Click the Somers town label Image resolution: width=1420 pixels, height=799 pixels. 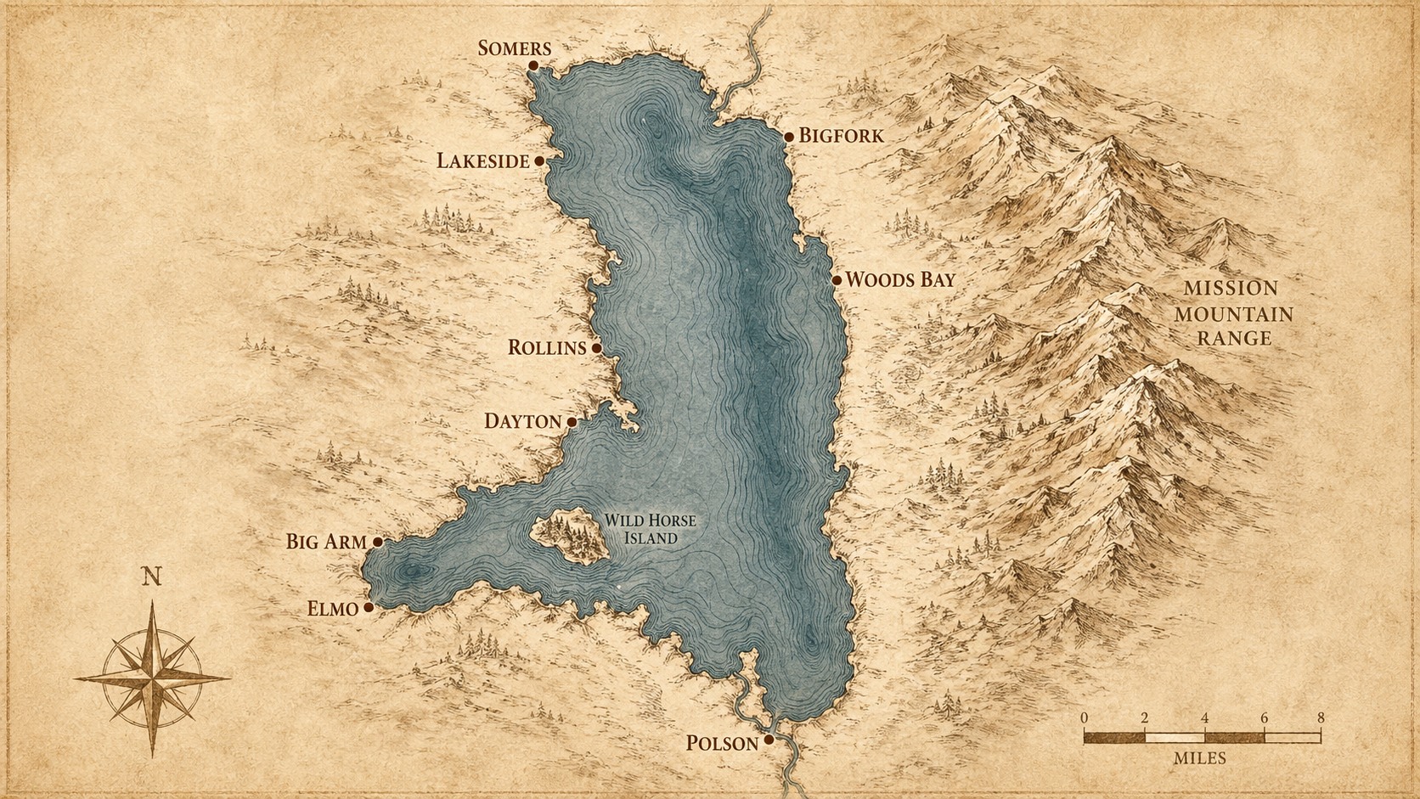pos(514,48)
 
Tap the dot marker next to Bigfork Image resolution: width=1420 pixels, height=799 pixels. pos(789,137)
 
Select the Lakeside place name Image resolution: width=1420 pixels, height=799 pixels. pos(483,160)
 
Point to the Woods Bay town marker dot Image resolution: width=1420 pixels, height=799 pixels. pos(837,280)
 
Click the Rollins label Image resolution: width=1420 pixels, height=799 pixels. pos(547,347)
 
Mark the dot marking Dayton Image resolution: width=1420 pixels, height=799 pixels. pos(572,422)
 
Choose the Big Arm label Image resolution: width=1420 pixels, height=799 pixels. pos(326,542)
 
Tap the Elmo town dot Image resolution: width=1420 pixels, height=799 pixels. pos(368,608)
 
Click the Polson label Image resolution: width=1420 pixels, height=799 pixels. pos(722,744)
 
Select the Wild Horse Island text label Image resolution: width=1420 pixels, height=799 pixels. pos(649,529)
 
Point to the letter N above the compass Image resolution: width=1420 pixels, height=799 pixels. pos(152,577)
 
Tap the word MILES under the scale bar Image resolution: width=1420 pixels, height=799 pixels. pos(1200,757)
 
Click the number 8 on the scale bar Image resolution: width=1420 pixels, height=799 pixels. pos(1320,717)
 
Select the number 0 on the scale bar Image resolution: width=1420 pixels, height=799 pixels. pos(1085,717)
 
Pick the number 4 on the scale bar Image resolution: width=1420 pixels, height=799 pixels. pos(1204,717)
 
